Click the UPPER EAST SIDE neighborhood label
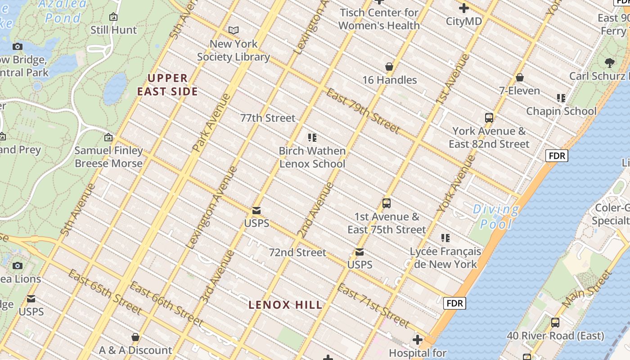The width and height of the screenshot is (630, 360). tap(167, 85)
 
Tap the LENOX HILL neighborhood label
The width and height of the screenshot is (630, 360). tap(286, 305)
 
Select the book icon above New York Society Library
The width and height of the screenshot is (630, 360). tap(234, 31)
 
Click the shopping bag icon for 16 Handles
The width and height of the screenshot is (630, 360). tap(390, 67)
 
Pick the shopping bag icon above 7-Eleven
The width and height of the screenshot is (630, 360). tap(520, 78)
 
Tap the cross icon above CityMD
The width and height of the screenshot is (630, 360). tap(463, 8)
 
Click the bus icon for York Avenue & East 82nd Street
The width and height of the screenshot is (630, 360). tap(489, 118)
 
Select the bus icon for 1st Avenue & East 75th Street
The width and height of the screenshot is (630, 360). tap(387, 203)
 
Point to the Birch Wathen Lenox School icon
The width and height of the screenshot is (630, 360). tap(312, 138)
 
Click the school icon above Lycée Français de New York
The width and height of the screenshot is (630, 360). tap(445, 238)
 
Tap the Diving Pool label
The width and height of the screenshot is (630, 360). tap(495, 216)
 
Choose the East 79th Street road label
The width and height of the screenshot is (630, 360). tap(363, 111)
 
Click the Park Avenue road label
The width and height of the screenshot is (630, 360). tap(211, 122)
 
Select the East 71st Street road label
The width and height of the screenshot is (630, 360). tap(373, 306)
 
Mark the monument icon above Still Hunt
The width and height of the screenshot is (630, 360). tap(113, 17)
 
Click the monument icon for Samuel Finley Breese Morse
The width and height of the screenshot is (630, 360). tap(108, 137)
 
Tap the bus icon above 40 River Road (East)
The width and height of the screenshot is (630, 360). tap(555, 323)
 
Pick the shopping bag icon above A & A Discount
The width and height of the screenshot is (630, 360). tap(135, 337)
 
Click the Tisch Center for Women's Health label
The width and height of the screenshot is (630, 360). tap(379, 19)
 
